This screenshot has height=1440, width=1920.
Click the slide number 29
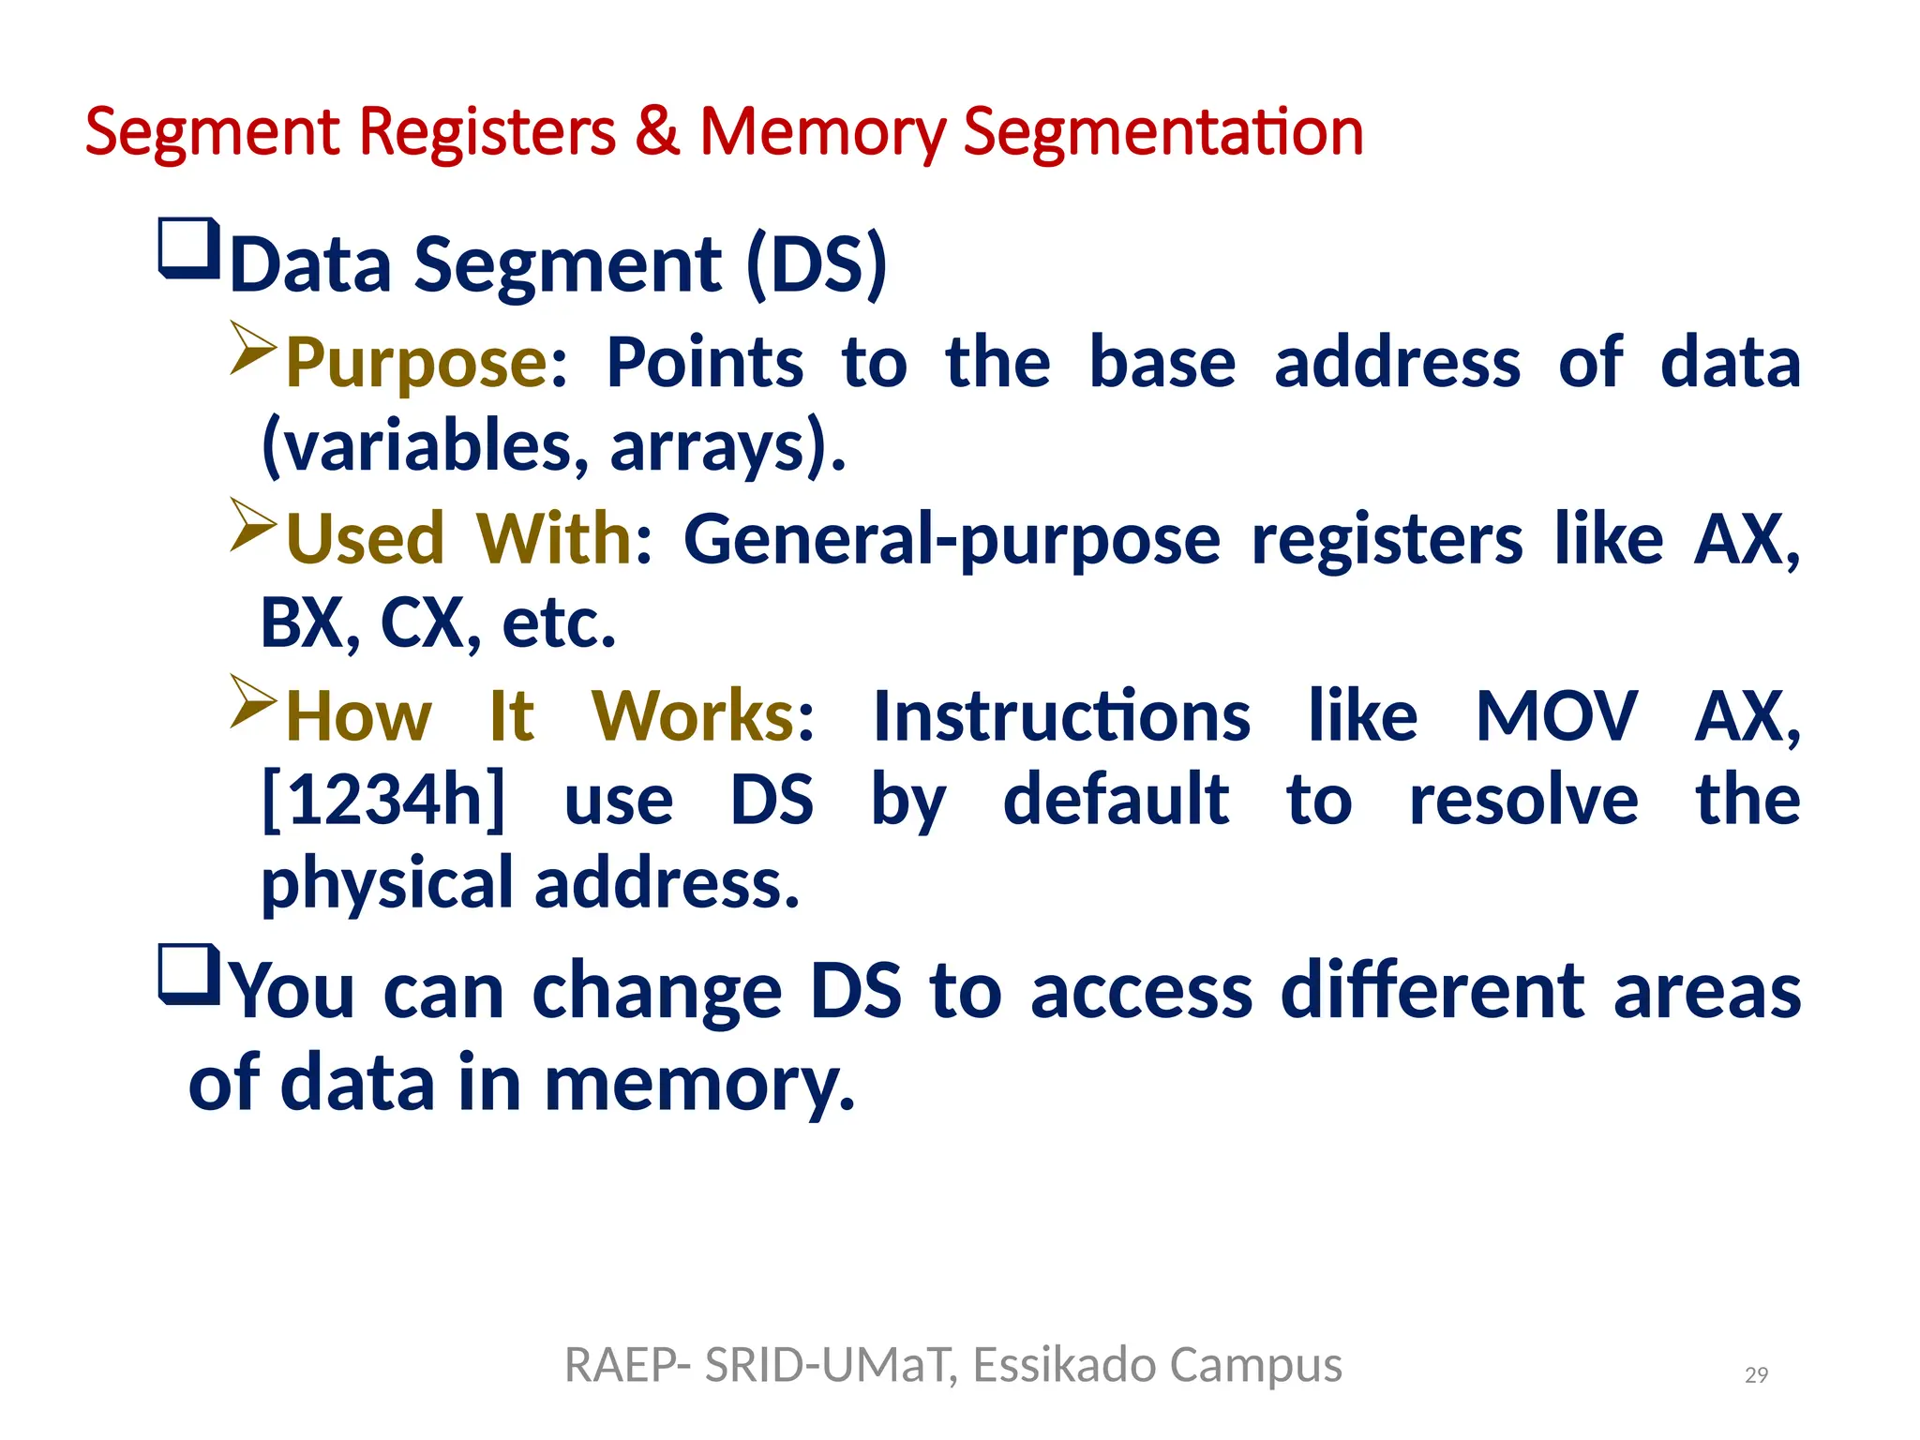[1755, 1375]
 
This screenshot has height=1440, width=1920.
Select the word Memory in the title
[822, 132]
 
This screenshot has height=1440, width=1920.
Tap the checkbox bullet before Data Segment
[189, 248]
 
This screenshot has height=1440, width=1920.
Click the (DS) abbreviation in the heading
[816, 264]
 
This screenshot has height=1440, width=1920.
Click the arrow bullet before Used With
[253, 525]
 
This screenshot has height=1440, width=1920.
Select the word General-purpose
[952, 540]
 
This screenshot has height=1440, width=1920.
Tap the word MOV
[1556, 717]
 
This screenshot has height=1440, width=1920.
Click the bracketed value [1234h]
[382, 800]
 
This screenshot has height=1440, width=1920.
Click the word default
[1116, 800]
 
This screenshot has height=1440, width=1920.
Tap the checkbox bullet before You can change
[189, 975]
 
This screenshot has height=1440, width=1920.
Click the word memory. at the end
[699, 1084]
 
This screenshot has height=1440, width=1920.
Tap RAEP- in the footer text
[628, 1365]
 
